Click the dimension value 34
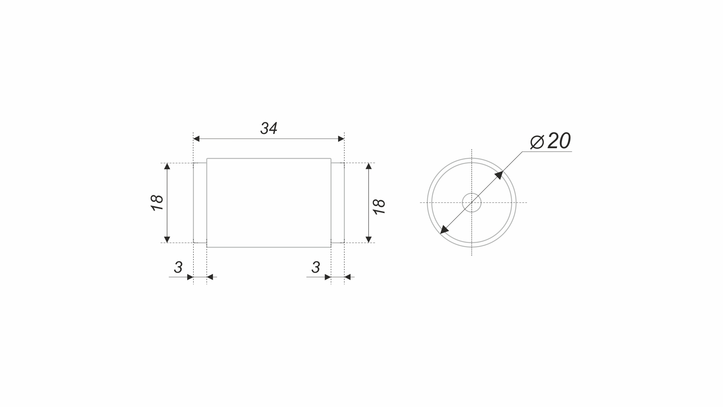coord(269,129)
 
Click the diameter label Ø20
coord(551,141)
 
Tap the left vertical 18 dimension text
coord(157,203)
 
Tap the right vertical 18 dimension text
coord(379,207)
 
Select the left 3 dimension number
coord(178,267)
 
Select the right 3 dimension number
coord(316,267)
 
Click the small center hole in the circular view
coord(472,203)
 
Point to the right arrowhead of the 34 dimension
coord(341,139)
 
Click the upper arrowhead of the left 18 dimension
coord(167,166)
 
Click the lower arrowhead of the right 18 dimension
coord(369,239)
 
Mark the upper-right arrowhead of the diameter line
coord(499,175)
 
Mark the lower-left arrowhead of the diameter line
coord(444,230)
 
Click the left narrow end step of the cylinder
coord(200,203)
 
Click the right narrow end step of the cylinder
coord(337,203)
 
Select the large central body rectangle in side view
coord(269,203)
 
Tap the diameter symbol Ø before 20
coord(537,142)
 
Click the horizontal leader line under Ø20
coord(547,152)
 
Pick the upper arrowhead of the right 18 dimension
coord(369,166)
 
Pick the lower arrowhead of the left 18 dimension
coord(167,239)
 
